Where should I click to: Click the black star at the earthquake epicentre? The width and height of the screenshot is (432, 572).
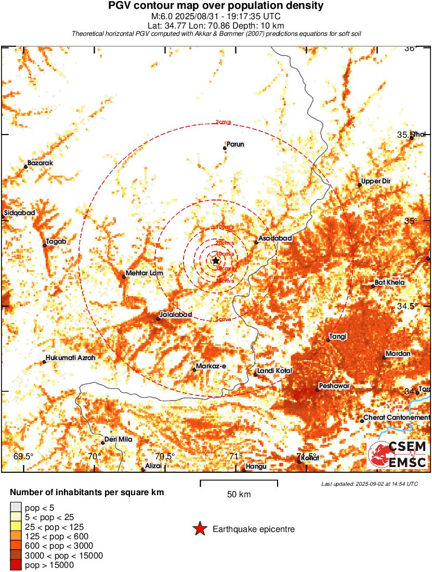[x=216, y=260]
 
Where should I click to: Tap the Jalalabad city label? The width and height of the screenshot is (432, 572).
[x=176, y=315]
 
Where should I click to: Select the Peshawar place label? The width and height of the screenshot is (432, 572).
[x=335, y=386]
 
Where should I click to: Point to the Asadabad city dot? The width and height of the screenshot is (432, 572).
[x=256, y=242]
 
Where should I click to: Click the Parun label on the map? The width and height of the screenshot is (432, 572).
[x=235, y=144]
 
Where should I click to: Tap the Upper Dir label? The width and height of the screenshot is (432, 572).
[x=376, y=181]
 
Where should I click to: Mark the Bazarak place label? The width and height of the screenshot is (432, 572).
[x=40, y=163]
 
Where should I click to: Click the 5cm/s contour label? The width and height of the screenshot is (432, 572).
[x=223, y=320]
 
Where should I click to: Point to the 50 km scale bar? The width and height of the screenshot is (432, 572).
[x=239, y=483]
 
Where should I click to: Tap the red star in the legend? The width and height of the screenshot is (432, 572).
[x=200, y=529]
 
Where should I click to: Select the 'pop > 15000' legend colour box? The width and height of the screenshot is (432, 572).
[x=16, y=565]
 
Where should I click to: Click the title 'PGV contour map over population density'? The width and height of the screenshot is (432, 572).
[x=216, y=6]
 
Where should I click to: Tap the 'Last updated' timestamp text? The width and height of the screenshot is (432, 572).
[x=369, y=484]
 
